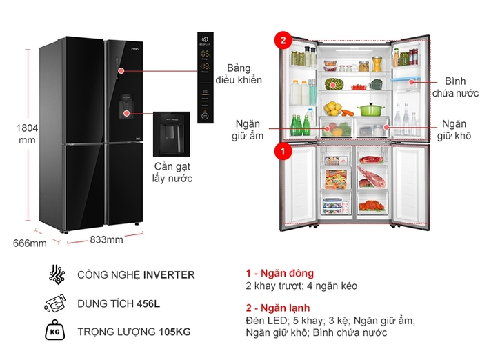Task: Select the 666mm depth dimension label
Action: [x=30, y=243]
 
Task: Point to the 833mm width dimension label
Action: [x=106, y=239]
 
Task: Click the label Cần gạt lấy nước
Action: [x=172, y=172]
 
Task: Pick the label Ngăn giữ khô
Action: [x=454, y=129]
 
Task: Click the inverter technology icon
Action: [x=57, y=274]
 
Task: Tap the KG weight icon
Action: [x=57, y=332]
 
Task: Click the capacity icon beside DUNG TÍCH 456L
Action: [x=57, y=303]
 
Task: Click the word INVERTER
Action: [x=169, y=274]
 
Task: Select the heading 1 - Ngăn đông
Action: [x=279, y=273]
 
